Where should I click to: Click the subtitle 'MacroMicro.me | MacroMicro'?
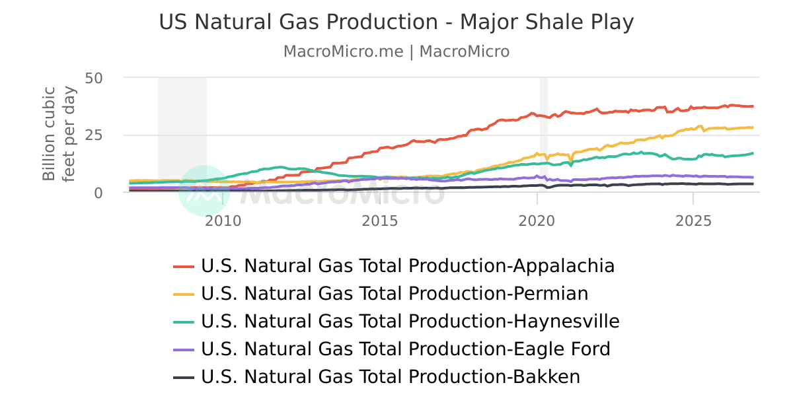[396, 52]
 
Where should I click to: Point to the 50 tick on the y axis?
[94, 78]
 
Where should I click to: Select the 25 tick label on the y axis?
[94, 135]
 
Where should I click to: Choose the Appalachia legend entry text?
[408, 266]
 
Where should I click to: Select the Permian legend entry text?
[395, 293]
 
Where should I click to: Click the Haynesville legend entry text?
[410, 321]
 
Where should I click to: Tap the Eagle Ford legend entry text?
[406, 349]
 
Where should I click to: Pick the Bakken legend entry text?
[391, 376]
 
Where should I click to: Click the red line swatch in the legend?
[184, 266]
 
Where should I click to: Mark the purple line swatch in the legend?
[184, 349]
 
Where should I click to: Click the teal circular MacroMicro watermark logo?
[204, 191]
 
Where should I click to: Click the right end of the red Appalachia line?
[753, 106]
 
